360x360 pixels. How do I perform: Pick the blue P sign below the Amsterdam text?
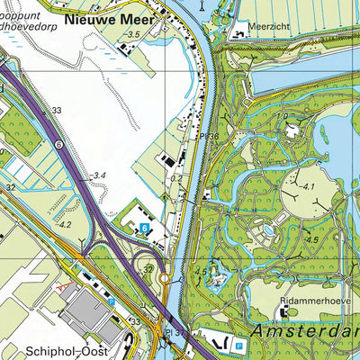click(238, 345)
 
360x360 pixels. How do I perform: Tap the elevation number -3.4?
click(99, 175)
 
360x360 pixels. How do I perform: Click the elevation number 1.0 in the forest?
click(282, 117)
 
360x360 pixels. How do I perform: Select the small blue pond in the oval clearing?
click(266, 230)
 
